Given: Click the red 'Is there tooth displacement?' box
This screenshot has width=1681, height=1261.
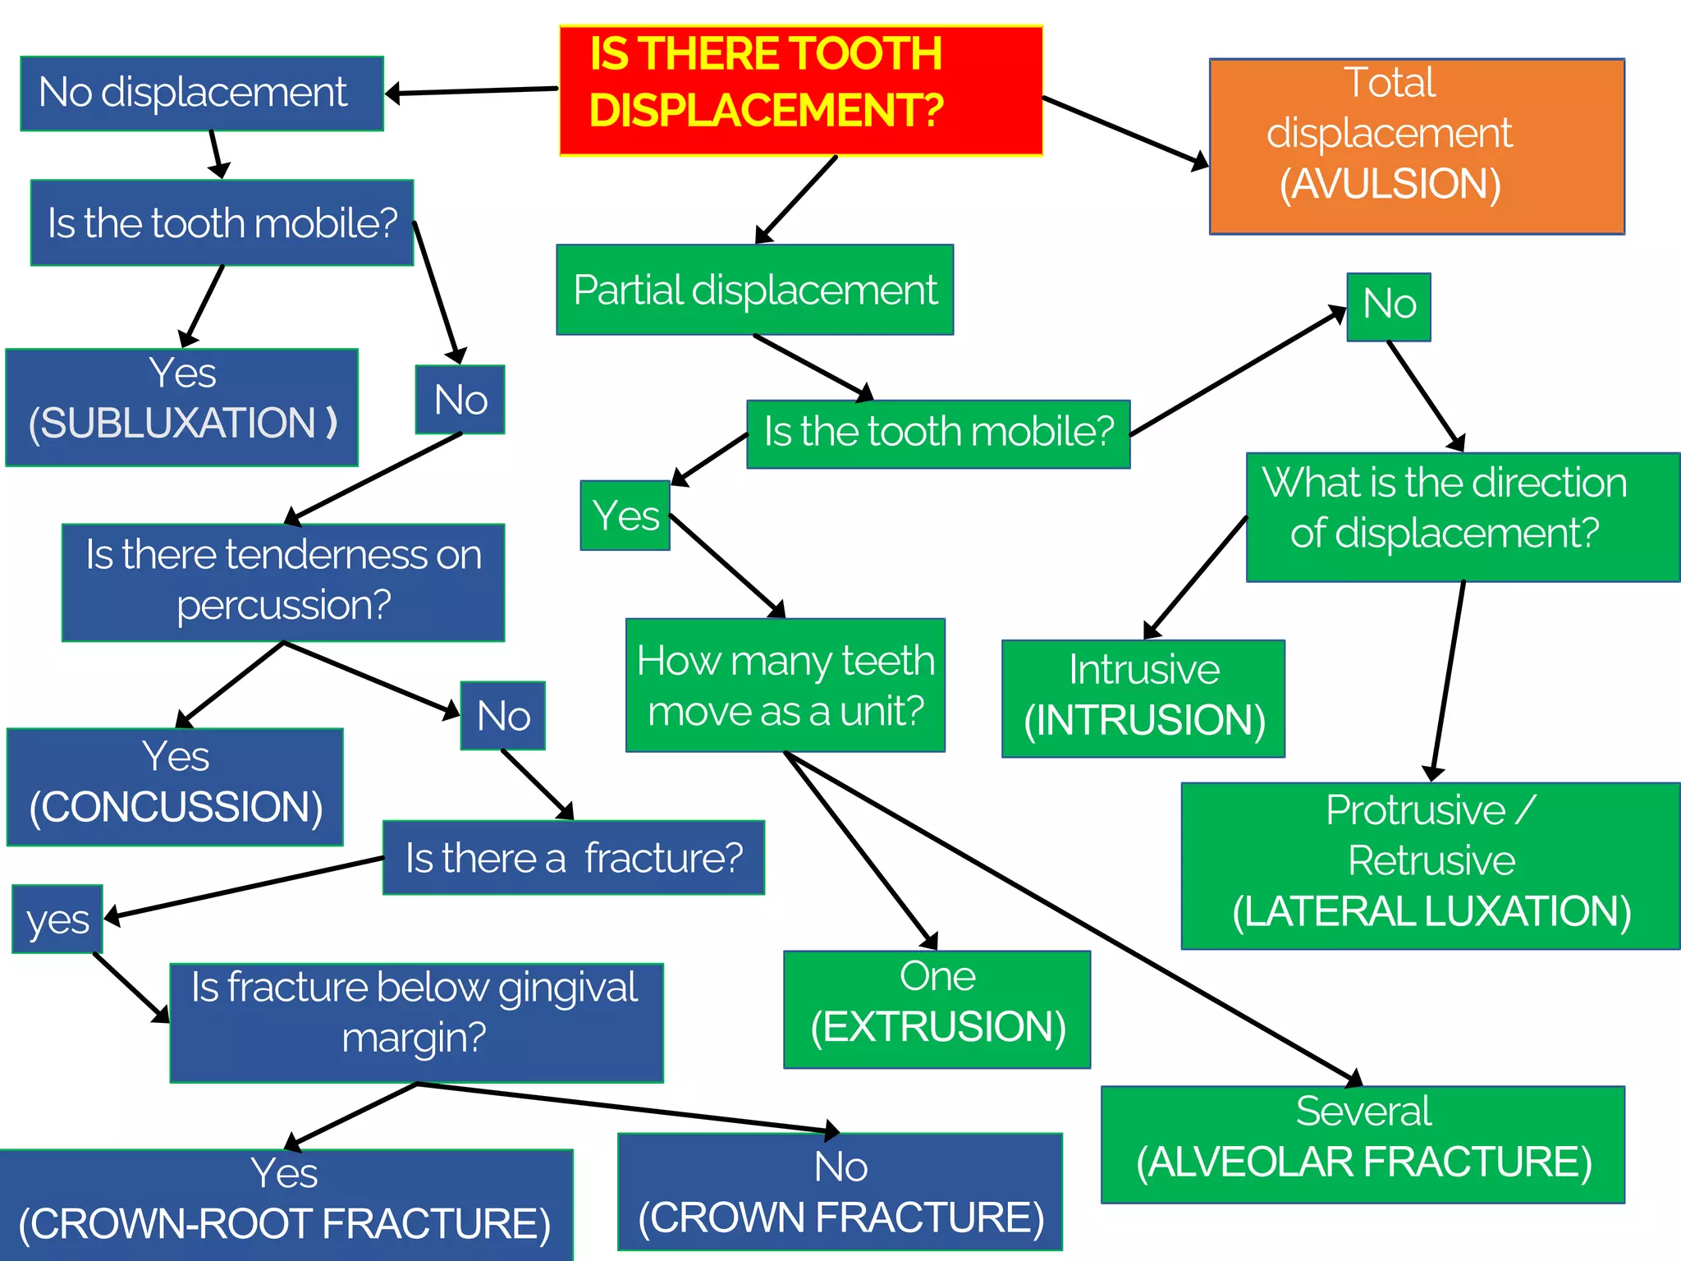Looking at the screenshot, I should [800, 90].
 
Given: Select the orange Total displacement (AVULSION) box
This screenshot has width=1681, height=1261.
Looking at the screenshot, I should [1416, 146].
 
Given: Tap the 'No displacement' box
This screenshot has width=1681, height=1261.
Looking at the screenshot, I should [201, 93].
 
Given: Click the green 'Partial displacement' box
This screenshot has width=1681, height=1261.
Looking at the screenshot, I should [754, 290].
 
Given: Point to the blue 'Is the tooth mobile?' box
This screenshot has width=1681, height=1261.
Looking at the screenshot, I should [222, 222].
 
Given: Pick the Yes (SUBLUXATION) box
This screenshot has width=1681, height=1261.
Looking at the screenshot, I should [181, 407].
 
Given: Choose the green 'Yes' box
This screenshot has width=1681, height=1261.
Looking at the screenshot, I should [625, 516].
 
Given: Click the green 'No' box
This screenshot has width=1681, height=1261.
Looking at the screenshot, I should [1388, 306].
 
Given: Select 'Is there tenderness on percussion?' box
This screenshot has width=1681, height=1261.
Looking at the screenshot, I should [283, 582].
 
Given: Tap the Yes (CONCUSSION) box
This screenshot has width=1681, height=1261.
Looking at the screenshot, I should [175, 786].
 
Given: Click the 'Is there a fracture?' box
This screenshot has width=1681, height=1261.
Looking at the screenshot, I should [573, 857].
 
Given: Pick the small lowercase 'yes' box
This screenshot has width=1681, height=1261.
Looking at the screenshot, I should [57, 919].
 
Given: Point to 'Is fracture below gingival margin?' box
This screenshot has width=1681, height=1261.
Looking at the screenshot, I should [415, 1022].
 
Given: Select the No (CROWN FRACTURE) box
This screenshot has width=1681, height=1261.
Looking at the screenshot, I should [840, 1191].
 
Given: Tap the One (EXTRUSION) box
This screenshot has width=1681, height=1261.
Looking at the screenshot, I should [937, 1009].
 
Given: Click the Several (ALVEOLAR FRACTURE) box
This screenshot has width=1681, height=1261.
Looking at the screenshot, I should [1363, 1144].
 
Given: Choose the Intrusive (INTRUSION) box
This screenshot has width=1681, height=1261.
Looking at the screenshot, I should [1143, 698].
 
